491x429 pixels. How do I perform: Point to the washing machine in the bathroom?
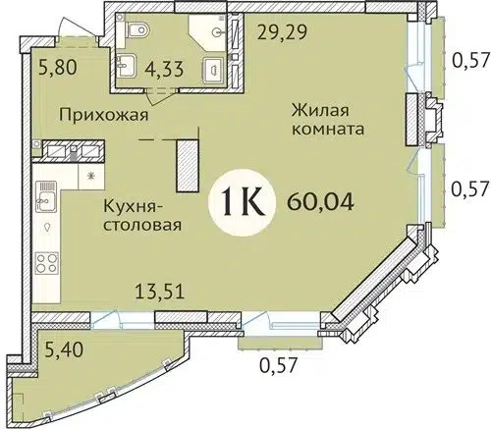211,71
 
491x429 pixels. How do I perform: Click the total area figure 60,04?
321,205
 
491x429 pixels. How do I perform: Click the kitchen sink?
45,201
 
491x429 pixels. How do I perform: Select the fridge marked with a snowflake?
92,178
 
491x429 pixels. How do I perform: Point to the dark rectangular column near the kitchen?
185,164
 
